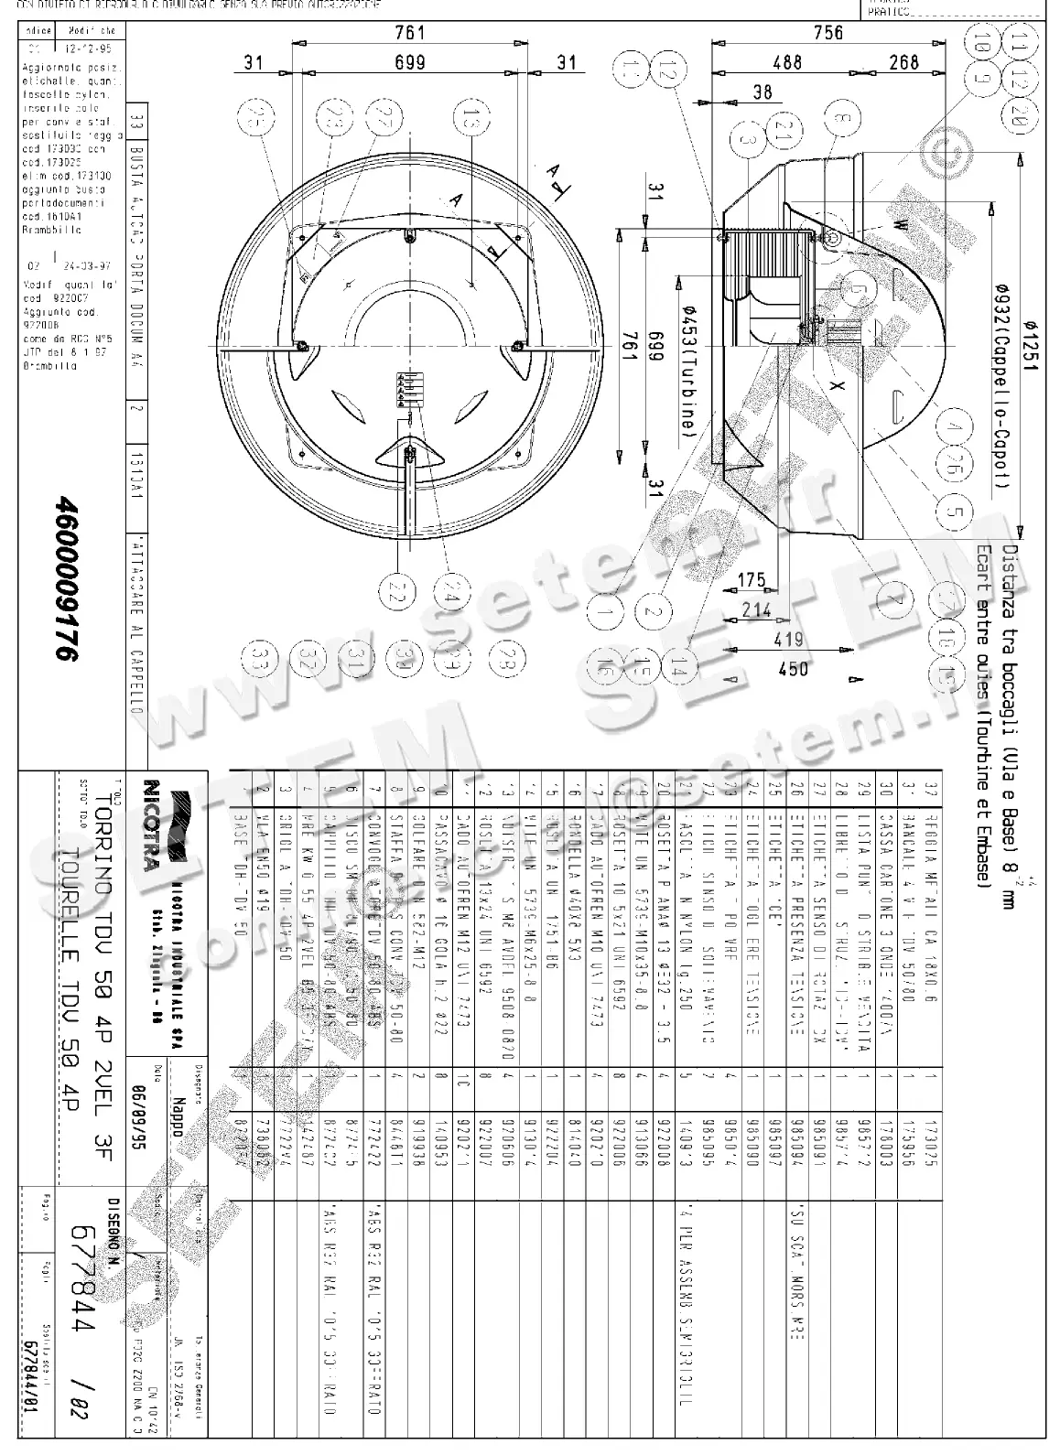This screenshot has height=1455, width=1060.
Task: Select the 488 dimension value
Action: pos(786,63)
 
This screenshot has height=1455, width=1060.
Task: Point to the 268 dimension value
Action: pos(903,63)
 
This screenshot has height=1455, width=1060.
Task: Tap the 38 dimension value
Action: pos(762,92)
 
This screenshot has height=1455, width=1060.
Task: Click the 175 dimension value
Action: pos(750,581)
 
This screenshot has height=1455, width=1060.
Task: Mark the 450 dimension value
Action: pos(793,669)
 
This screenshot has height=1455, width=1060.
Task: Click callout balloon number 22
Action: pos(395,593)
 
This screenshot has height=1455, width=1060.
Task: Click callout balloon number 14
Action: pos(678,670)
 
